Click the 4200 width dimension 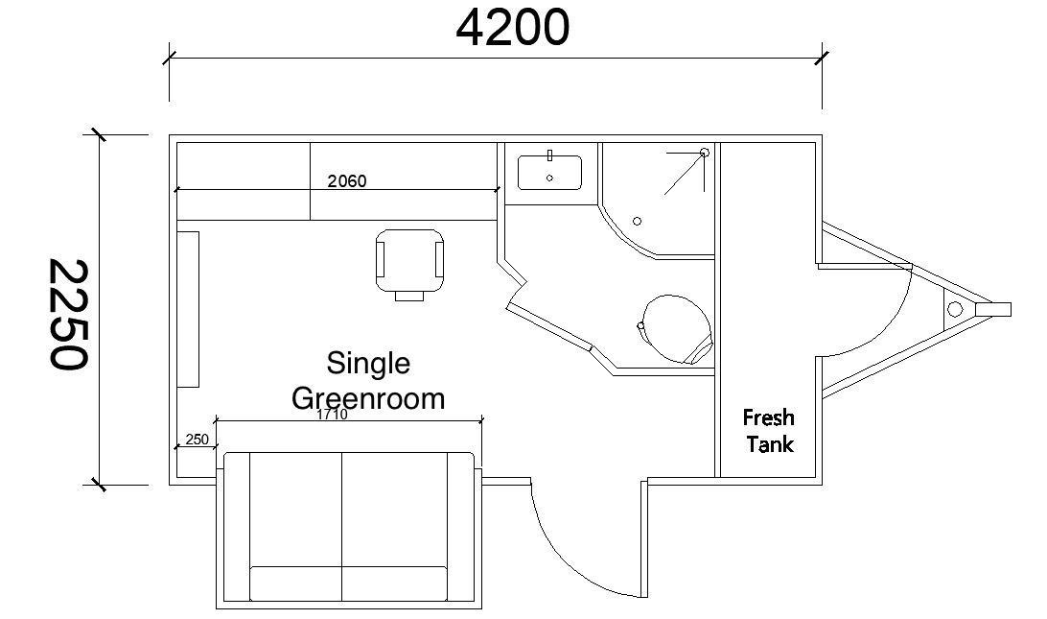pyautogui.click(x=512, y=28)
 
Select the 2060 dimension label pyautogui.click(x=346, y=180)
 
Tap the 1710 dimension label pyautogui.click(x=332, y=415)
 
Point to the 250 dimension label pyautogui.click(x=197, y=440)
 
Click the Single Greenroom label pyautogui.click(x=368, y=380)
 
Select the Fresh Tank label pyautogui.click(x=769, y=431)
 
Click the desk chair pyautogui.click(x=411, y=260)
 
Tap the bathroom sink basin pyautogui.click(x=549, y=174)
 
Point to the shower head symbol pyautogui.click(x=704, y=153)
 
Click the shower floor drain pyautogui.click(x=637, y=222)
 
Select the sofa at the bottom pyautogui.click(x=347, y=529)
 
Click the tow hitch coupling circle pyautogui.click(x=954, y=308)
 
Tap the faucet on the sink pyautogui.click(x=549, y=155)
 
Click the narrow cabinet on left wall pyautogui.click(x=188, y=309)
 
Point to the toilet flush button pyautogui.click(x=640, y=325)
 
